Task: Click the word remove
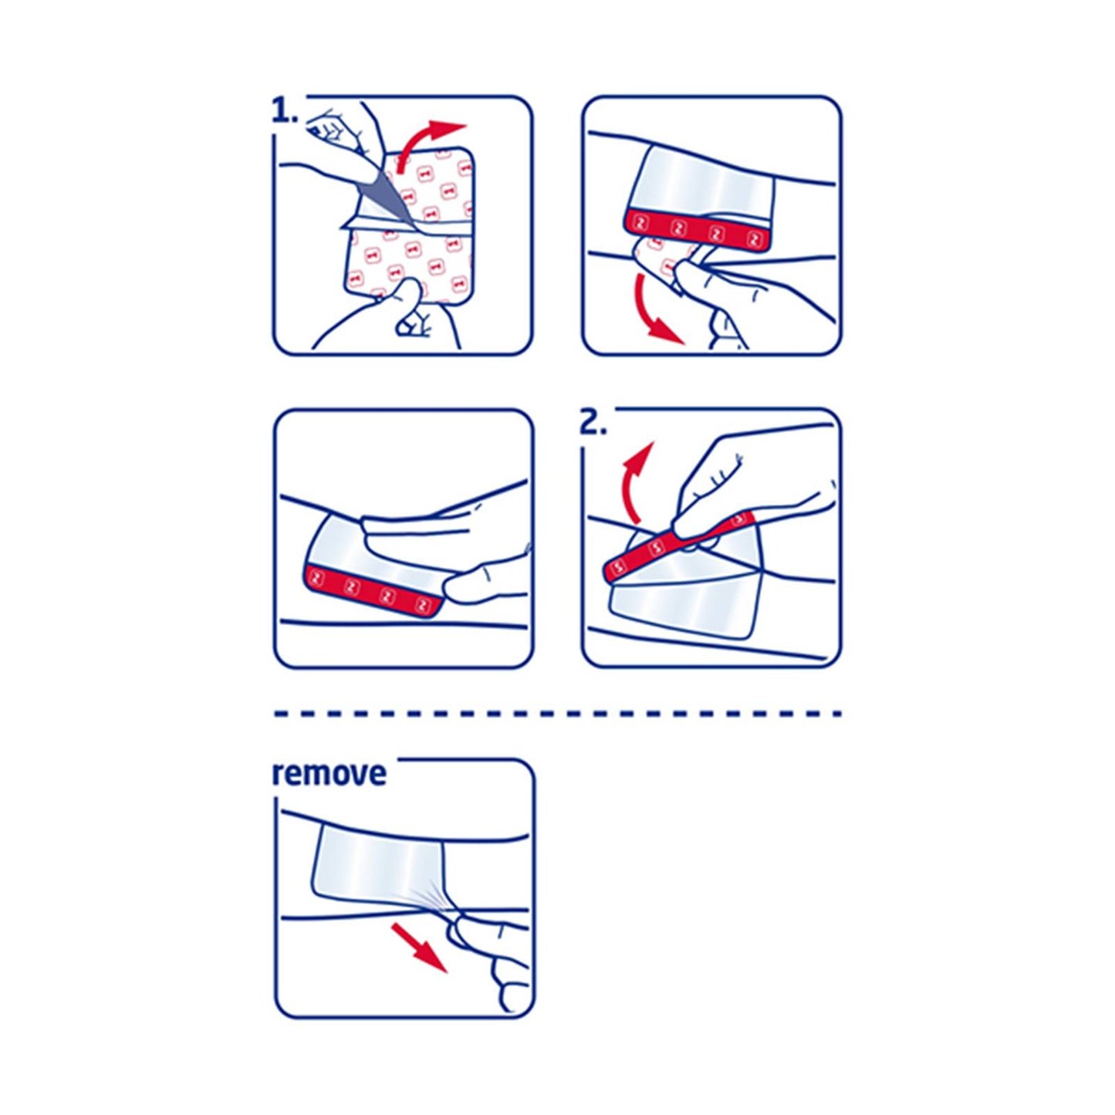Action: tap(329, 773)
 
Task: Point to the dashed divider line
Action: tap(557, 714)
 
